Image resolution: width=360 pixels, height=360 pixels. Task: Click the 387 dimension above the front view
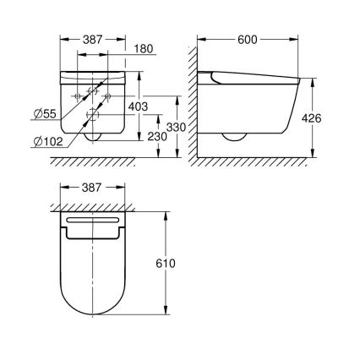pos(93,40)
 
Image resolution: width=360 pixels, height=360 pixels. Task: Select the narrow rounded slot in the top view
pos(94,221)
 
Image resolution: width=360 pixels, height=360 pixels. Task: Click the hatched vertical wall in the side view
pos(193,101)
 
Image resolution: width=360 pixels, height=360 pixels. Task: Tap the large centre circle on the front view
pos(95,116)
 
